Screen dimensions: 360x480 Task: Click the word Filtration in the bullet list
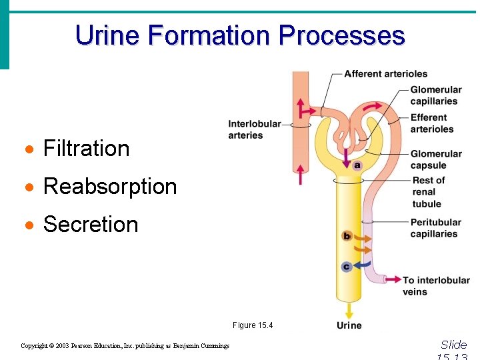[x=86, y=148]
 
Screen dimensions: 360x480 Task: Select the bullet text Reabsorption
[x=110, y=186]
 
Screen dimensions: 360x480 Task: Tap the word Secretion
[x=91, y=224]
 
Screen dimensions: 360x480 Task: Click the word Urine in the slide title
[x=109, y=35]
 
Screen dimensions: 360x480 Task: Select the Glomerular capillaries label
[x=435, y=95]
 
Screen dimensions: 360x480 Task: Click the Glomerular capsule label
[x=435, y=159]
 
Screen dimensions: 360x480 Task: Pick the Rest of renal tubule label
[x=428, y=192]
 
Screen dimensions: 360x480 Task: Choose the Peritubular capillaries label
[x=435, y=228]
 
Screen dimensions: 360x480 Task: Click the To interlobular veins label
[x=436, y=285]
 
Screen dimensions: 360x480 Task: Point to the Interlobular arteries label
[x=254, y=129]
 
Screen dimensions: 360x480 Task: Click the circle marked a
[x=357, y=165]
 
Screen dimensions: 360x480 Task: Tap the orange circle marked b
[x=346, y=236]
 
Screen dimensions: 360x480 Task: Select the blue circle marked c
[x=346, y=267]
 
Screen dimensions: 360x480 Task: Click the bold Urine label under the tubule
[x=349, y=325]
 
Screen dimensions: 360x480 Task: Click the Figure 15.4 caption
[x=253, y=325]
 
